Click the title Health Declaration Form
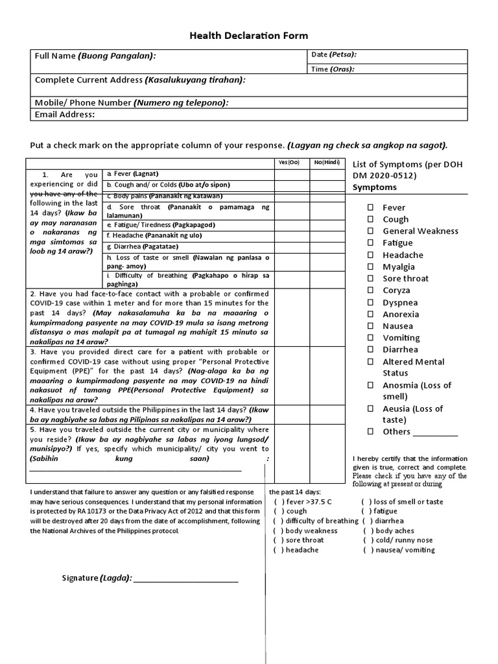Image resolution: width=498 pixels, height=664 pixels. click(249, 36)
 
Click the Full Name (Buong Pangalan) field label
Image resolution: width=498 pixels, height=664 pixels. click(95, 56)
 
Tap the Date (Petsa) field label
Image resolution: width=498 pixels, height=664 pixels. click(334, 54)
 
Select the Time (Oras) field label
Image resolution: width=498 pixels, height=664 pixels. click(333, 69)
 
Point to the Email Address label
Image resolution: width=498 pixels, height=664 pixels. click(64, 115)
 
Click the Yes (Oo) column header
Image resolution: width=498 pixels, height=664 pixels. click(289, 162)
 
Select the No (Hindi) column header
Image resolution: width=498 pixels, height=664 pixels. click(326, 162)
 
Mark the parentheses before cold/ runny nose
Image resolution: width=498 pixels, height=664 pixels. click(368, 540)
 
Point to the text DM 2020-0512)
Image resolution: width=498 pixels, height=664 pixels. click(385, 176)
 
